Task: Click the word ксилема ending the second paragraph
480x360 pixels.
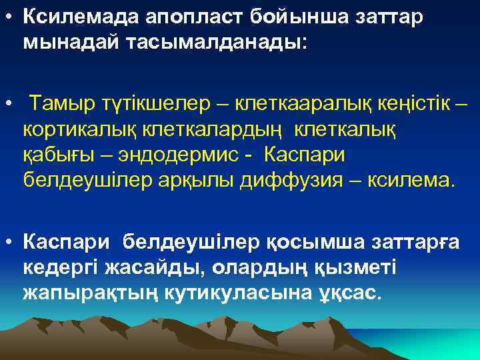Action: point(410,181)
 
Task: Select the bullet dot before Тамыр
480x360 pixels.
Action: point(7,105)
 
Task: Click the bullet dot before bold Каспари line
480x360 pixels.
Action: point(7,241)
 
